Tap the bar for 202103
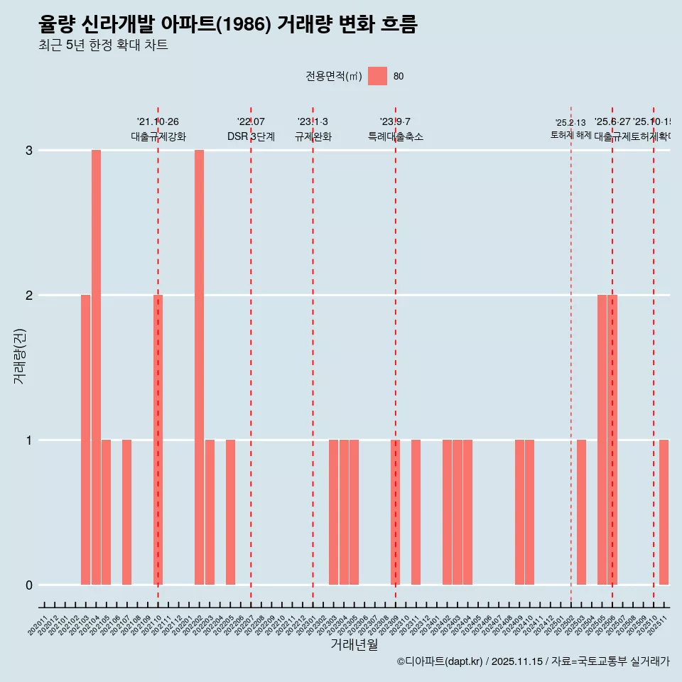[x=85, y=440]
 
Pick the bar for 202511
[x=664, y=512]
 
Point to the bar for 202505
[x=602, y=440]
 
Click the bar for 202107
[x=126, y=512]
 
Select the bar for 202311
[x=416, y=512]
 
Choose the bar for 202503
[x=581, y=512]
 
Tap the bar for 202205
[x=230, y=512]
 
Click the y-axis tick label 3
[x=29, y=151]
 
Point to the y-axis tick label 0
[x=29, y=585]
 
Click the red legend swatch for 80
[x=377, y=76]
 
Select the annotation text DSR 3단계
[x=251, y=136]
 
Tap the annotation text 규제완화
[x=313, y=136]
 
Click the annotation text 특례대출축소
[x=396, y=136]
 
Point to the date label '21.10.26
[x=158, y=122]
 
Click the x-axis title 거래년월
[x=354, y=645]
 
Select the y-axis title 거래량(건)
[x=20, y=355]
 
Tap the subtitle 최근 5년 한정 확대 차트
[x=103, y=45]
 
